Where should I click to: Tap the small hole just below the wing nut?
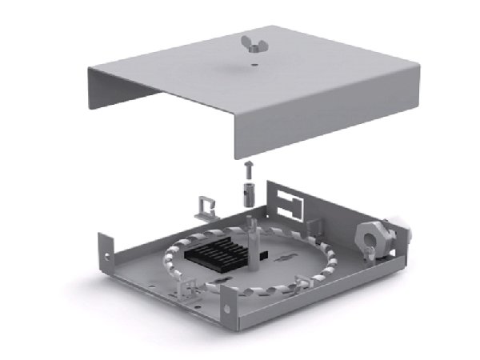[x=252, y=65]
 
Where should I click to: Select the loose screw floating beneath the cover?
[x=248, y=169]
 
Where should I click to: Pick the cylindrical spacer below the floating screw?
[x=248, y=193]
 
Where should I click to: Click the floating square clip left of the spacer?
[x=208, y=207]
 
